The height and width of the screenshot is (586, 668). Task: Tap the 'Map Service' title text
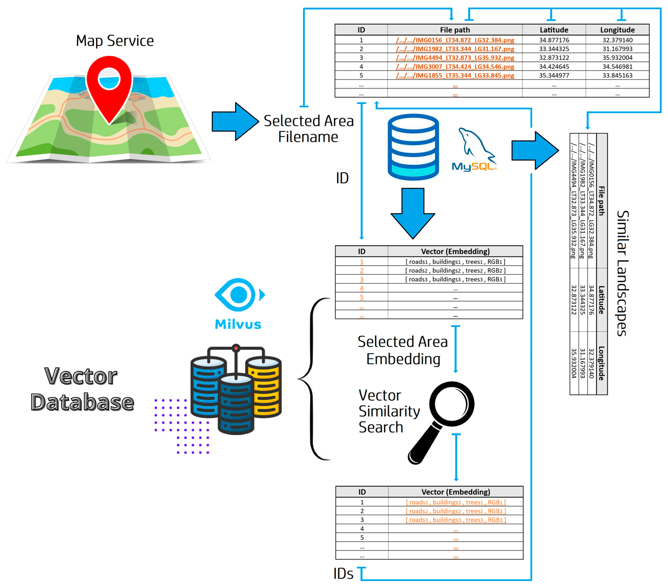115,41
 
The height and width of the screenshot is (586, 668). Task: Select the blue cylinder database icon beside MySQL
413,147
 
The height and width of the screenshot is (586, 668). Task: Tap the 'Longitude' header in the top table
617,30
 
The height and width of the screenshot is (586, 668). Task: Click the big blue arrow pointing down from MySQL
413,213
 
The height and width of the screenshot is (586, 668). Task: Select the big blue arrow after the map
235,122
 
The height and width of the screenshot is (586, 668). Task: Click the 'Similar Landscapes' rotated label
623,273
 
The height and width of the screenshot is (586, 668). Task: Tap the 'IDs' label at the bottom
343,574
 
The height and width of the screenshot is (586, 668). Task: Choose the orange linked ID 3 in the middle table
362,279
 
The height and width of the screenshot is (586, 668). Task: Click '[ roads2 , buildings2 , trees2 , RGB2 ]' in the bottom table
456,511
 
